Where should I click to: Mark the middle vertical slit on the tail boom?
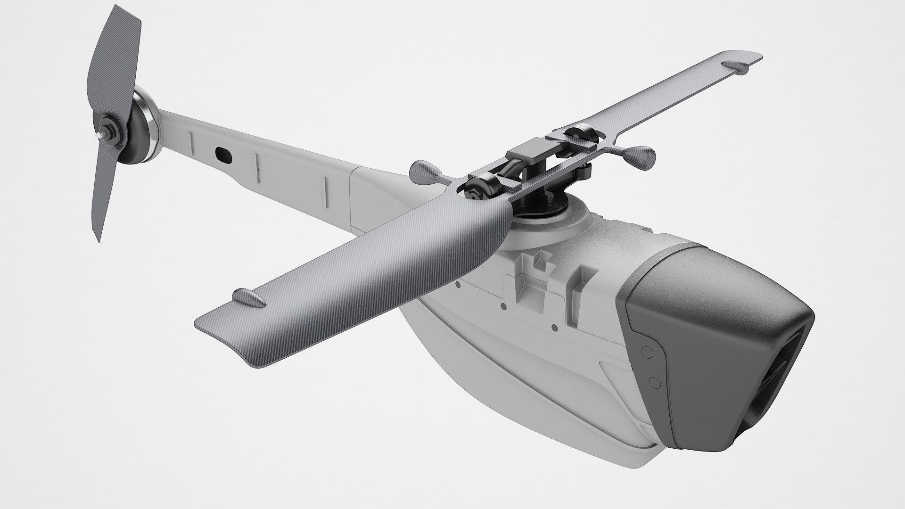(x=257, y=163)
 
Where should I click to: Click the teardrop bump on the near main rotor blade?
(x=247, y=297)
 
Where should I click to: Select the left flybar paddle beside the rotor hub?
(x=424, y=171)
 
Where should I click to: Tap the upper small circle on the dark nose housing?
(x=647, y=352)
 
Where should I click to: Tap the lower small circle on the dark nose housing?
(x=653, y=381)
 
